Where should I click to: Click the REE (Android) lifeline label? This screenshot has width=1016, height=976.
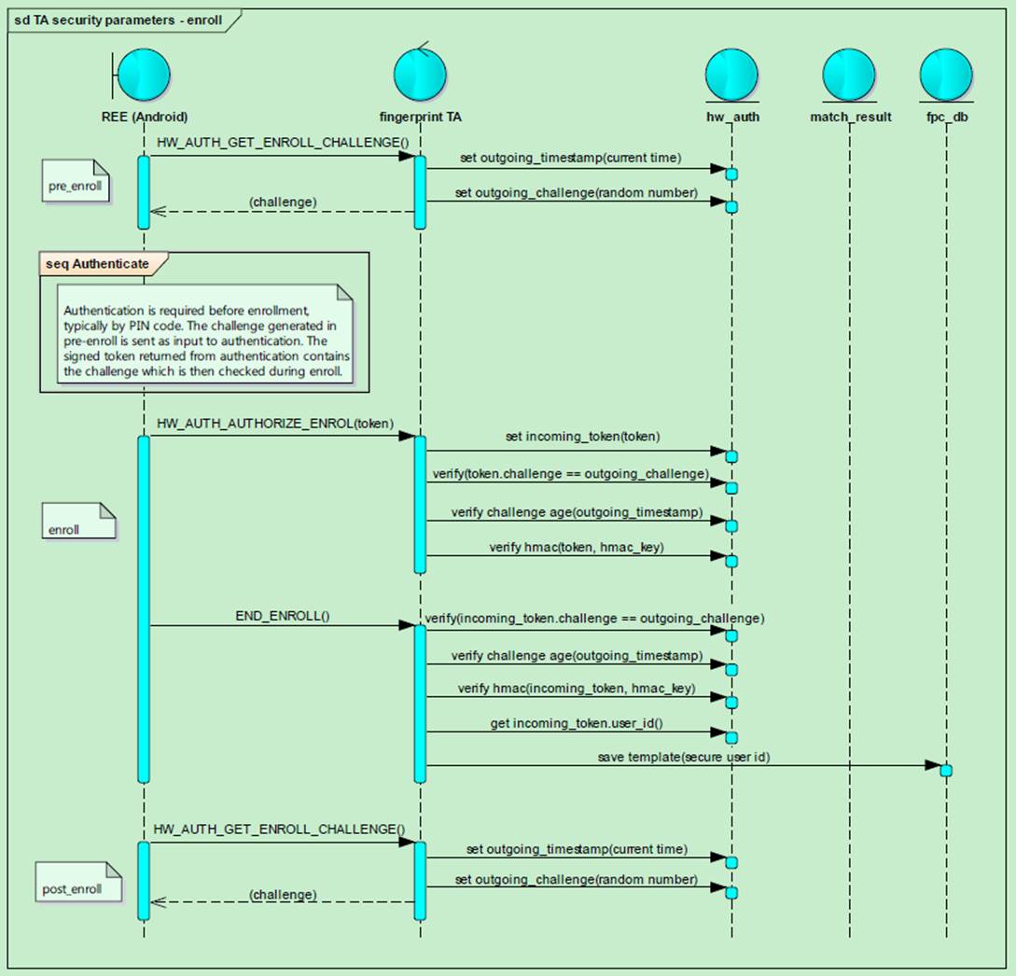click(144, 117)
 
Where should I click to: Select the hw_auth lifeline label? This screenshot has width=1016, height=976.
click(731, 117)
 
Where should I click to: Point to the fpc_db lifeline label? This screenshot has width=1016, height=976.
click(945, 117)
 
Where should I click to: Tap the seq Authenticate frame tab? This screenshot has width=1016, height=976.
click(97, 264)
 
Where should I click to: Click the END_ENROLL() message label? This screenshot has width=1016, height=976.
click(283, 617)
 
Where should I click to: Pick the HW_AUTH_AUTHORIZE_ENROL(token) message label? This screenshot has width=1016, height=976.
click(275, 424)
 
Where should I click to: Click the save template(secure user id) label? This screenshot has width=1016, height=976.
click(683, 757)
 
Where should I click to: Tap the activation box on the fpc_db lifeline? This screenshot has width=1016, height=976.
click(946, 771)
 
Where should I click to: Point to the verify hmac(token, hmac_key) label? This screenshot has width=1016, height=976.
click(576, 547)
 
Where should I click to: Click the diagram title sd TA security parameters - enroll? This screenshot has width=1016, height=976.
click(118, 20)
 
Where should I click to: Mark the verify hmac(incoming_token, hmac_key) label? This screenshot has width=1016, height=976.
click(576, 689)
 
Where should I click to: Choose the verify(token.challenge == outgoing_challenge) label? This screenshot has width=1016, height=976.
click(570, 474)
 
